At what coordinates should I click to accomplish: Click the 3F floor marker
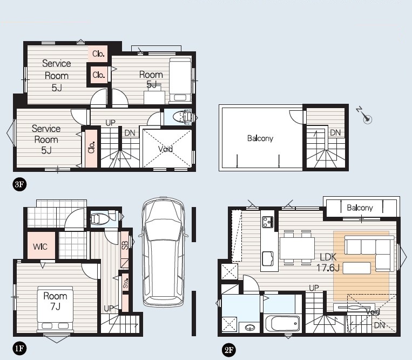(x=19, y=184)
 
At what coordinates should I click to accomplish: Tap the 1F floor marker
(x=19, y=349)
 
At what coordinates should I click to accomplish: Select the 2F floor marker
(x=228, y=350)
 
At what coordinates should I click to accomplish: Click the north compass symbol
(x=364, y=115)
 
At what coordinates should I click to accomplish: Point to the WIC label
(x=40, y=246)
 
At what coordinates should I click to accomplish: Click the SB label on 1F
(x=125, y=245)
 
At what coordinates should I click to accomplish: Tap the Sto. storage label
(x=126, y=283)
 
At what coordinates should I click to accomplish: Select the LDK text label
(x=328, y=257)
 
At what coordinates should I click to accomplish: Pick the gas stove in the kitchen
(x=268, y=222)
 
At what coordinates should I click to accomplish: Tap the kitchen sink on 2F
(x=268, y=259)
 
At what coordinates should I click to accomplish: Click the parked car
(x=164, y=251)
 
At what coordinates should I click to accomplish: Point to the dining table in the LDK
(x=297, y=248)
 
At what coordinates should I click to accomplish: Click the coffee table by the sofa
(x=357, y=268)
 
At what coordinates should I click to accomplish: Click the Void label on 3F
(x=166, y=149)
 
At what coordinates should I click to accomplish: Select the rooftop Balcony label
(x=260, y=138)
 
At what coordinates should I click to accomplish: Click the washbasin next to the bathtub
(x=249, y=328)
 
